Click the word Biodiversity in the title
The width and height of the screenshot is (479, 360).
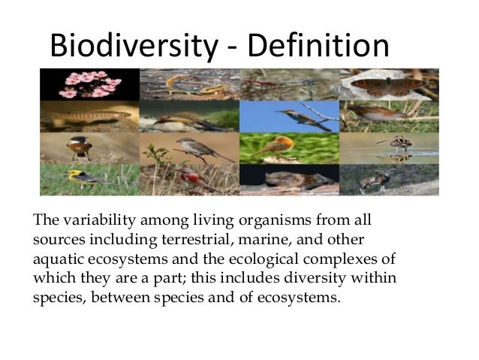(x=132, y=46)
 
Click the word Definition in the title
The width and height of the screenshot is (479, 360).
(x=318, y=46)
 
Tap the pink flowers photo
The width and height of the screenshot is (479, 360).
(x=89, y=84)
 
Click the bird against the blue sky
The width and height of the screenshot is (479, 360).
(x=288, y=116)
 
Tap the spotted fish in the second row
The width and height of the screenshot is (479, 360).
(x=88, y=116)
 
